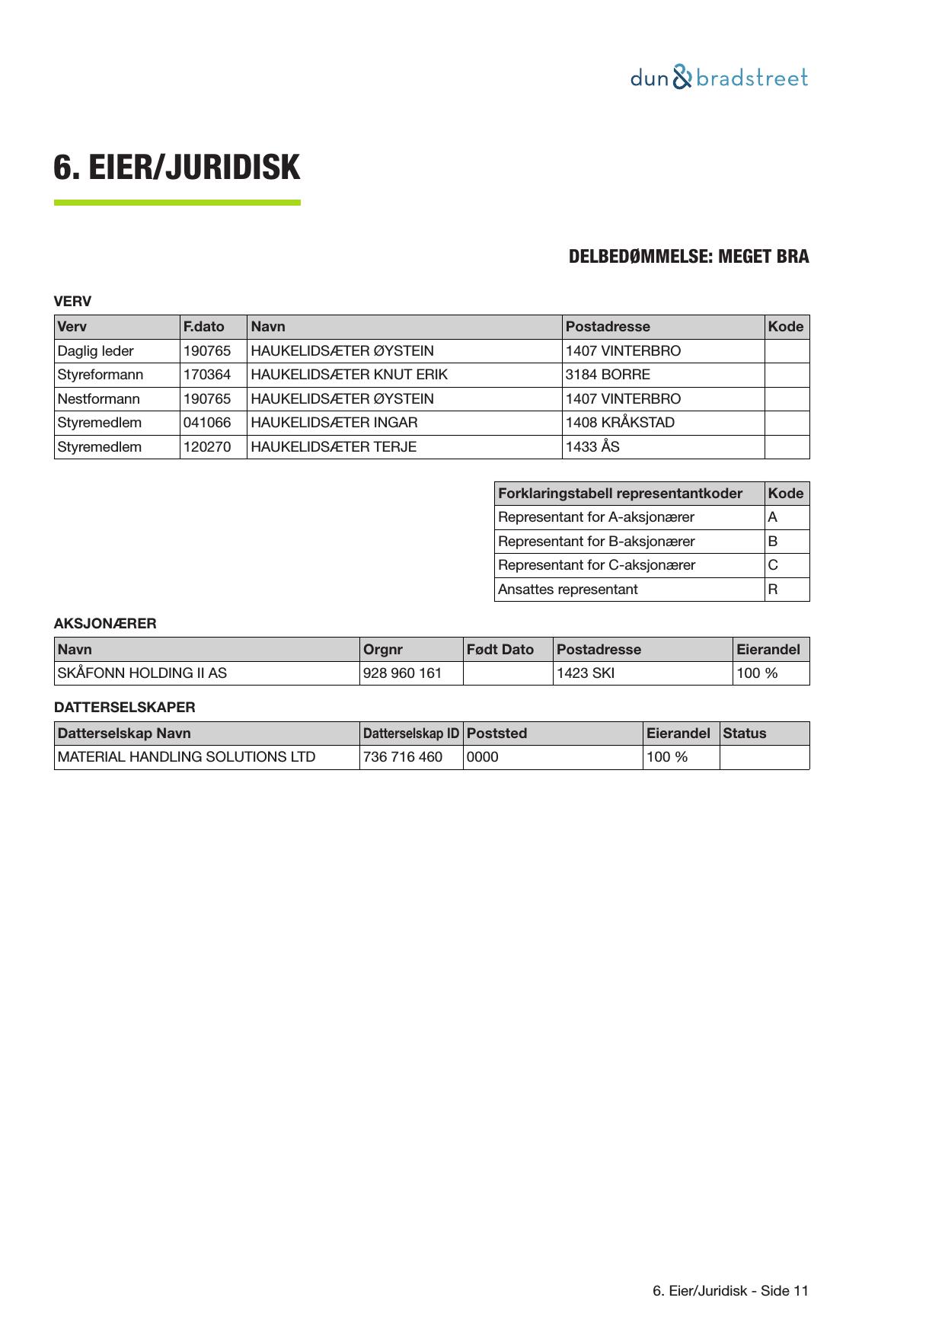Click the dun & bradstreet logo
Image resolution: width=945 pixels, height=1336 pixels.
(719, 78)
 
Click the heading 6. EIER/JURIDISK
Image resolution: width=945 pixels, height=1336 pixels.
(177, 168)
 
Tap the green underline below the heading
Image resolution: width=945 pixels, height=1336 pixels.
(177, 203)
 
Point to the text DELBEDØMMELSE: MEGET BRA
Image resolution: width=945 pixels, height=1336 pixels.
(688, 257)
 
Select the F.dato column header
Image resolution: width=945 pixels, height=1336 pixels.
(204, 327)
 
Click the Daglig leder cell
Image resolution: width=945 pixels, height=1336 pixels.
(96, 351)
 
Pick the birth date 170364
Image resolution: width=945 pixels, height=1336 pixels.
(207, 375)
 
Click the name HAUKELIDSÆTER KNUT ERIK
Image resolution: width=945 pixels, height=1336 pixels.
(349, 375)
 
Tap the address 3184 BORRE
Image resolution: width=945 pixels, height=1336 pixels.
(608, 375)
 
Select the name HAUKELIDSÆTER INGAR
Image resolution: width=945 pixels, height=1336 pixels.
(334, 423)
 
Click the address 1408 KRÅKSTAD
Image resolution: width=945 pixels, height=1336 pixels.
(620, 423)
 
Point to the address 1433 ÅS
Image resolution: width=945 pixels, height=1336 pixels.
(592, 447)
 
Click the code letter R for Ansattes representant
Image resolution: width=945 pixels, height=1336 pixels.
(773, 590)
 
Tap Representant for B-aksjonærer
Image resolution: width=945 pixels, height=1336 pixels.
(596, 542)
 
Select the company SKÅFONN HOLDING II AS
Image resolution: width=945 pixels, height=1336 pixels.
(142, 673)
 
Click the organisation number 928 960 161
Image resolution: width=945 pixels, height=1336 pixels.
(403, 673)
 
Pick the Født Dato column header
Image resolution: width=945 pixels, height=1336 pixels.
(500, 650)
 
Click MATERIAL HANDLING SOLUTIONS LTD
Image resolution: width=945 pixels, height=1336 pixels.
(187, 757)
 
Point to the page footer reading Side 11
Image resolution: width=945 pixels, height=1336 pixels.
(730, 1290)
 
